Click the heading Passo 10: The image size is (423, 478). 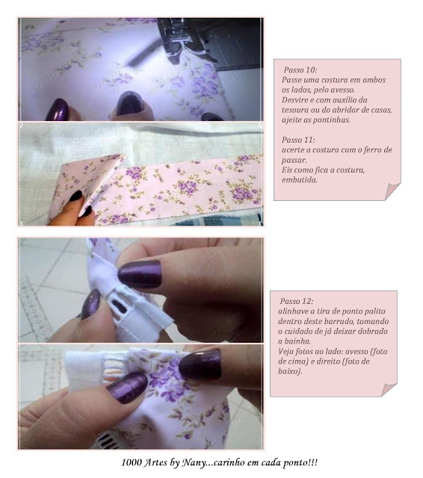[300, 69]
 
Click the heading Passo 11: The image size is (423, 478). [298, 140]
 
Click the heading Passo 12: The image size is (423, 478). [297, 301]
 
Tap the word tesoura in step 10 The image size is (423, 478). [295, 110]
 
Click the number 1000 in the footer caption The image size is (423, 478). [132, 462]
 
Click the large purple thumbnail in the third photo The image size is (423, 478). [140, 274]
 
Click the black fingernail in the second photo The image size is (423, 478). [75, 196]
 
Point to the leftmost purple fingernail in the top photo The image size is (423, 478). [57, 110]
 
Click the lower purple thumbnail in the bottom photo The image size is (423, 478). [127, 387]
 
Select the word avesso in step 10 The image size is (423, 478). [343, 90]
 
